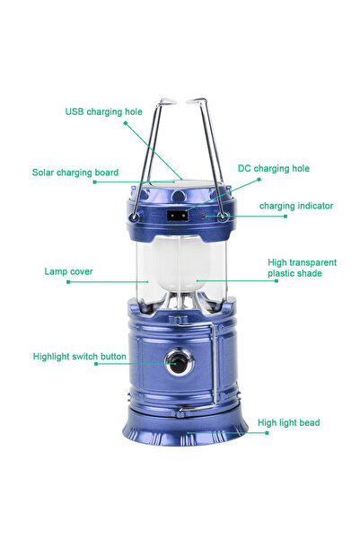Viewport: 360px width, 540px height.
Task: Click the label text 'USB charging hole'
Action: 103,112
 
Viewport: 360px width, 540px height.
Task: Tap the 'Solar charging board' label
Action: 75,172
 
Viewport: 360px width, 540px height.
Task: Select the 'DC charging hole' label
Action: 274,168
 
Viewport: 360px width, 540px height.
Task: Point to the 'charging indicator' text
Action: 296,206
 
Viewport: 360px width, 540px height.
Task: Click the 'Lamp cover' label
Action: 68,270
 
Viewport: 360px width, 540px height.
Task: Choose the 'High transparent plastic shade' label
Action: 303,269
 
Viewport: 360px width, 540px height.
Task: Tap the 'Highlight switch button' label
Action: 80,357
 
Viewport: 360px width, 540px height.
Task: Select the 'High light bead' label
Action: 288,422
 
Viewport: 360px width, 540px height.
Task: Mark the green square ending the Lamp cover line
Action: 68,282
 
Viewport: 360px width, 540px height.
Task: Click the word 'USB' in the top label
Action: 75,112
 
